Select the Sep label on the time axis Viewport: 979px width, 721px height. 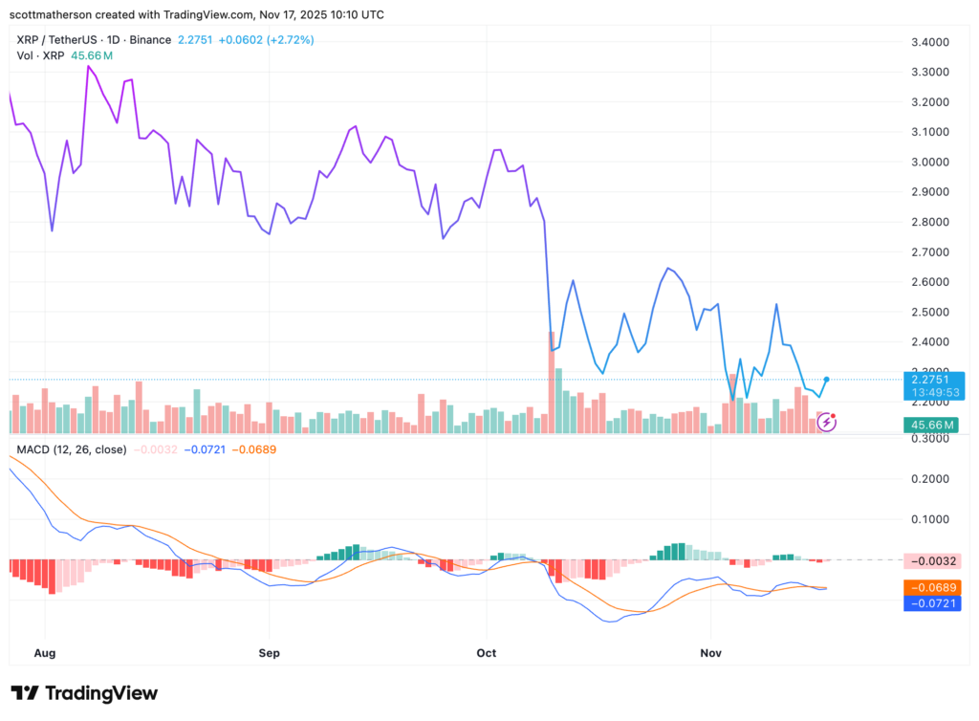pos(269,653)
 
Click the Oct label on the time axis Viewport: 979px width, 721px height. pos(487,653)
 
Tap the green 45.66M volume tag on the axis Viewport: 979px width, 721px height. pos(932,424)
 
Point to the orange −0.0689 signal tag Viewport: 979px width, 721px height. pos(932,586)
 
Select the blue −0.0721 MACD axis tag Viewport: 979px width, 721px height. pos(932,603)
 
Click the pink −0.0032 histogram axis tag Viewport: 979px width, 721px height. pos(932,560)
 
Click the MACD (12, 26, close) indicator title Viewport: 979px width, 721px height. pos(72,448)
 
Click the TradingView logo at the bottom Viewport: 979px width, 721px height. pos(84,692)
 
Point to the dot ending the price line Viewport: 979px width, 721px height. pos(826,380)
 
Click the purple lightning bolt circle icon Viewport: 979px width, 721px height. pos(827,421)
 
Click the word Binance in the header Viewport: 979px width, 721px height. pos(149,40)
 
